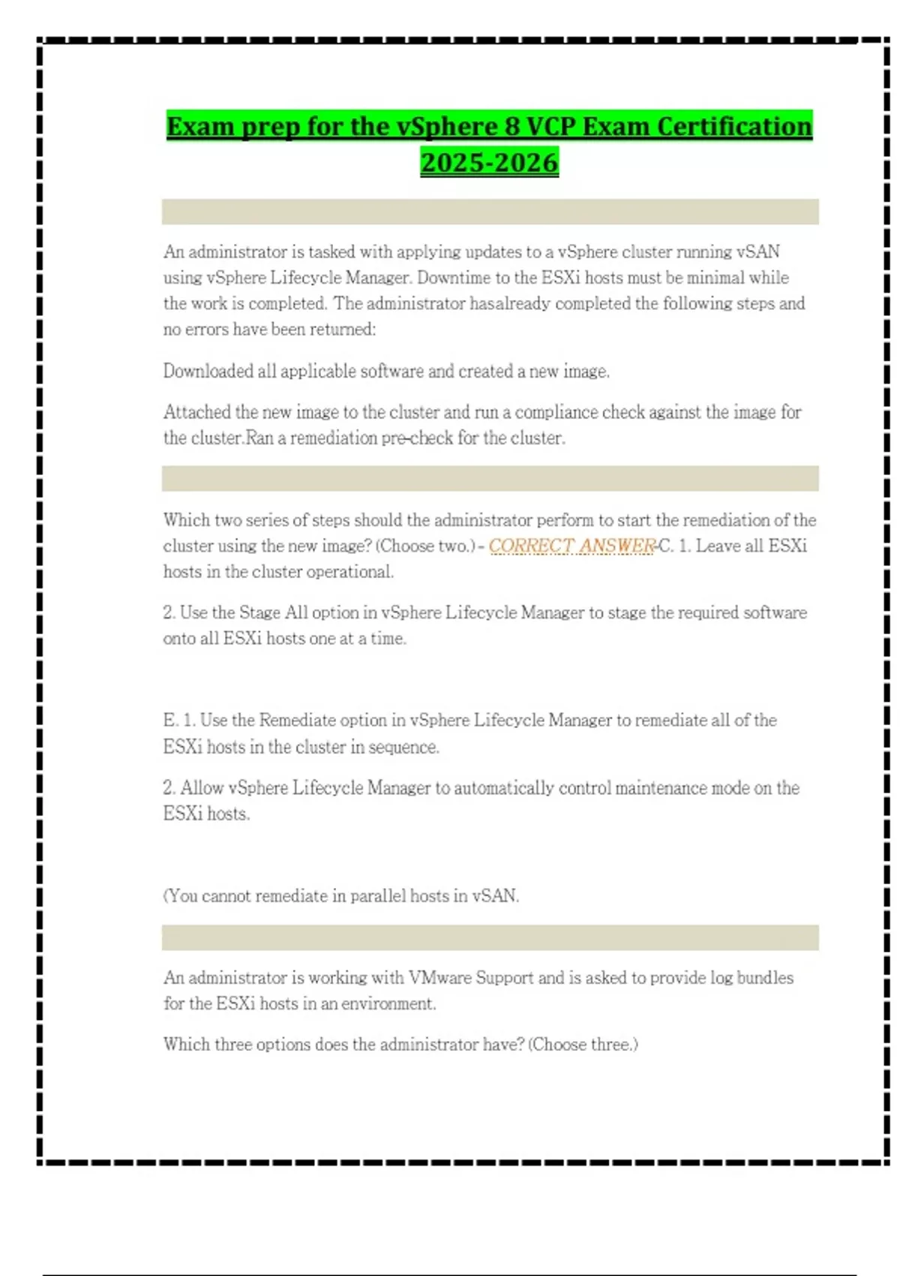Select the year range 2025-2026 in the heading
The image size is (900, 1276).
[x=489, y=163]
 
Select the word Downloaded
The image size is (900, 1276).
[x=208, y=372]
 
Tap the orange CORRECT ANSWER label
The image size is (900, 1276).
[x=571, y=546]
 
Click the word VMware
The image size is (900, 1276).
[x=439, y=978]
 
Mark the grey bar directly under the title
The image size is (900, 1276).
[x=490, y=212]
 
